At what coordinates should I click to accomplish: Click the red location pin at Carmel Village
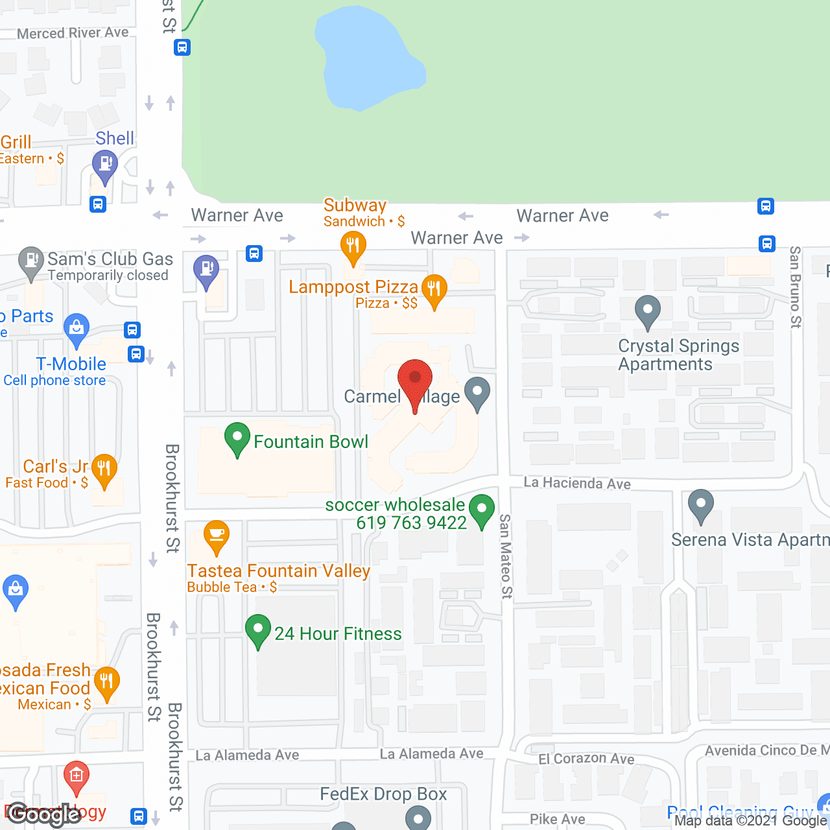tap(414, 379)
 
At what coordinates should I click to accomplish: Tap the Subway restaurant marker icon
tap(353, 246)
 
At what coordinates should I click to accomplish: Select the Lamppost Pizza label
tap(353, 287)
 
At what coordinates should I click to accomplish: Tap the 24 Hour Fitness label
tap(338, 634)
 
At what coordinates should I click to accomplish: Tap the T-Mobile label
tap(71, 364)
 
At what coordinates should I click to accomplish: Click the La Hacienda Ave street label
tap(577, 483)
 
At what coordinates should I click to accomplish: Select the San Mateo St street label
tap(505, 556)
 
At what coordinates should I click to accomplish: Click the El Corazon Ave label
tap(586, 758)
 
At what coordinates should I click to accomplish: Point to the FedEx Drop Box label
tap(383, 794)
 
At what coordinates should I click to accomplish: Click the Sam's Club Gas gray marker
tap(30, 262)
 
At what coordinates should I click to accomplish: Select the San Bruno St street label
tap(795, 287)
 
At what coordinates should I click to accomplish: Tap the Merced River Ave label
tap(73, 32)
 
